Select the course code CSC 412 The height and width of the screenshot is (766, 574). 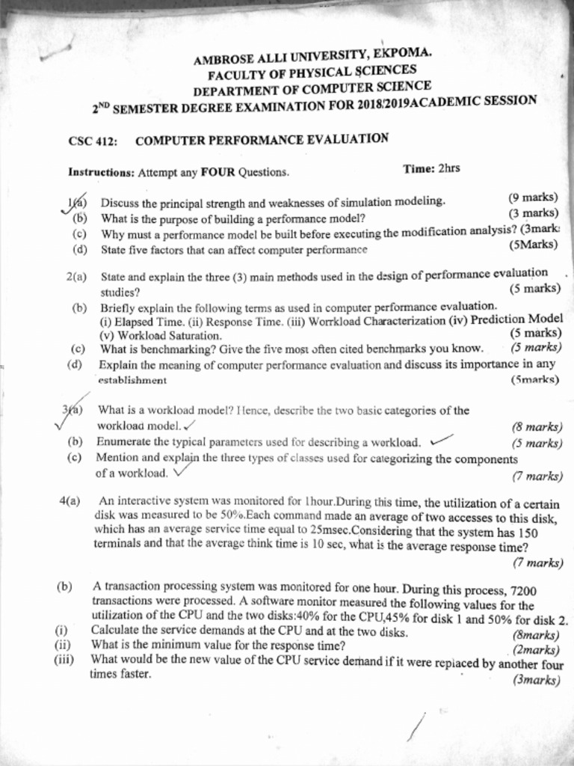(89, 141)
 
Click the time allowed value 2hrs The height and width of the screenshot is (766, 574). (448, 168)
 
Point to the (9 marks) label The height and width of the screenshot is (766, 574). (533, 197)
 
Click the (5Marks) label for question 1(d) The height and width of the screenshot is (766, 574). (533, 245)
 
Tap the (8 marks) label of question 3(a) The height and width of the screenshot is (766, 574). (537, 427)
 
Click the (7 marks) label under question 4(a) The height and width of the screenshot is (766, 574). (537, 563)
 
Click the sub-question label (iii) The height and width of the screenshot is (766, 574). (65, 660)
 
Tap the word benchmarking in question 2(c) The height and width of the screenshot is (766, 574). (154, 348)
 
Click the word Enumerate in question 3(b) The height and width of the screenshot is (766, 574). (122, 441)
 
